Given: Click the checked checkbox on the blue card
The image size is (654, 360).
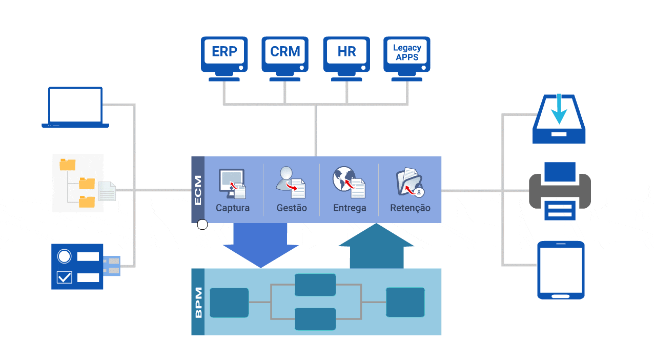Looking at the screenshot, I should (64, 277).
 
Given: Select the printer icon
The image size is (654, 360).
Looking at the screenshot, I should (559, 191).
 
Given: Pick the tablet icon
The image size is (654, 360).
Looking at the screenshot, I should (560, 270).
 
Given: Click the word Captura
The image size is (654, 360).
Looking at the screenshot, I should (233, 208).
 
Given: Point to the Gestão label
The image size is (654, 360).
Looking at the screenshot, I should (292, 208).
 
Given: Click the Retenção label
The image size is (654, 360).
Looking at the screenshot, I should (410, 208).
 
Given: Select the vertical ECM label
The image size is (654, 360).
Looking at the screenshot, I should (198, 190).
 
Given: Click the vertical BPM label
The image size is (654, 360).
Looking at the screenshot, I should (198, 302).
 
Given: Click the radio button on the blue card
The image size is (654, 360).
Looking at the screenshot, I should (64, 255).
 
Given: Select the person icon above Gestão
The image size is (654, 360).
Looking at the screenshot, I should (285, 178).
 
